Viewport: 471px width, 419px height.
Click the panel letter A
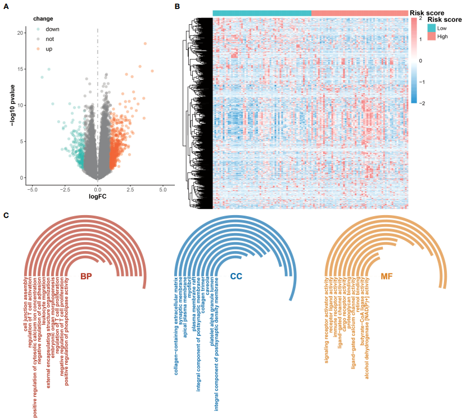(x=7, y=6)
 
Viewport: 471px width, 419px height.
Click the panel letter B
(x=178, y=6)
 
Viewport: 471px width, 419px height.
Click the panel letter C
(x=7, y=215)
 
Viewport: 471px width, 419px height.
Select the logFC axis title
(x=98, y=198)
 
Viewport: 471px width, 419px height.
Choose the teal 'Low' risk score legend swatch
(x=431, y=27)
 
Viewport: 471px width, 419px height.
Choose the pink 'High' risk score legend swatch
(x=431, y=36)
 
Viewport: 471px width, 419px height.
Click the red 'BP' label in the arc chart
(x=86, y=276)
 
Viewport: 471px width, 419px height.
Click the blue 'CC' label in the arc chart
(x=236, y=276)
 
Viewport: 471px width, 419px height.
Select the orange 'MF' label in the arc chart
(x=387, y=276)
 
